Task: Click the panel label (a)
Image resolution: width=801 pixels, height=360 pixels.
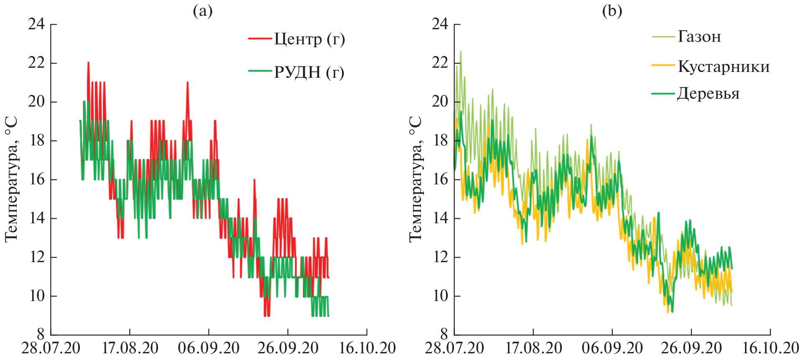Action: [x=202, y=11]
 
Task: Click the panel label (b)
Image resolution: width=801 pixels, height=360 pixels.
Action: [x=612, y=11]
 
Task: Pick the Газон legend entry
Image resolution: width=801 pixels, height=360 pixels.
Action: [x=699, y=37]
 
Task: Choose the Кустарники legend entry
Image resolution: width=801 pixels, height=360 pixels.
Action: [x=723, y=66]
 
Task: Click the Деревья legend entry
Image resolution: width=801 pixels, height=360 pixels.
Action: [x=708, y=93]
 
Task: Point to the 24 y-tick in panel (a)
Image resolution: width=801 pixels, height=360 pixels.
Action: [x=36, y=24]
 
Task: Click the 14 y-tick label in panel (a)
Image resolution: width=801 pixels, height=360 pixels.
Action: [x=36, y=218]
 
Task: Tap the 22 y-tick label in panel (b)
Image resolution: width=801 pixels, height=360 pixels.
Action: [x=440, y=63]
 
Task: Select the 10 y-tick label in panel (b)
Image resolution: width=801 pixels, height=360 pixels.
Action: [x=440, y=296]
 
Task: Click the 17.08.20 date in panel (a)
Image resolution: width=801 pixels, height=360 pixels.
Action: [x=130, y=348]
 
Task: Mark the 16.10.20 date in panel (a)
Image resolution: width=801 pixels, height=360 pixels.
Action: [x=367, y=348]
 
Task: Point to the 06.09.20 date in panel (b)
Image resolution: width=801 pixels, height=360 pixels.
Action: [x=612, y=348]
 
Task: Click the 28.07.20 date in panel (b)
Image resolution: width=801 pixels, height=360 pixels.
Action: [x=454, y=348]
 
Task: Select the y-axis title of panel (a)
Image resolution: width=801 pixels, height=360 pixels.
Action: [x=11, y=179]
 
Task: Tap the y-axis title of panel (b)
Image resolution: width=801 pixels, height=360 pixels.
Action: [x=415, y=179]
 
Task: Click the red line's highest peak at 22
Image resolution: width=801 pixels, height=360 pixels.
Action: [x=88, y=62]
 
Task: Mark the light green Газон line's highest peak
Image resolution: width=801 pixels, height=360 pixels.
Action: [x=461, y=51]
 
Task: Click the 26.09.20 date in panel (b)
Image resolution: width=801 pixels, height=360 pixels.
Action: [x=691, y=348]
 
